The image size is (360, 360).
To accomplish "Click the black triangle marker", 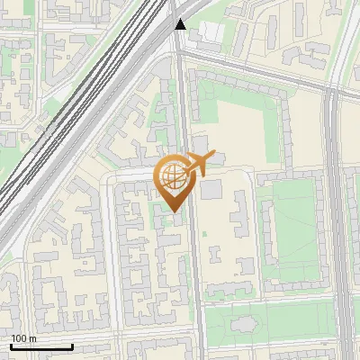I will [181, 24].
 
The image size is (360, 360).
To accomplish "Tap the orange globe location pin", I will [175, 180].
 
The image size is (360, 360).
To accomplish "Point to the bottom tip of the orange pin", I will [174, 212].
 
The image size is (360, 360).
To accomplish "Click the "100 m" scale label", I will [24, 338].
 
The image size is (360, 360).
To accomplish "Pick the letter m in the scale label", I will [32, 338].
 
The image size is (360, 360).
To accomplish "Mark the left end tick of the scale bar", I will [11, 346].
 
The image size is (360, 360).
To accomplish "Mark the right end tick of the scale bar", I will [72, 346].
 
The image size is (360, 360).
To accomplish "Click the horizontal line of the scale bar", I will [41, 347].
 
